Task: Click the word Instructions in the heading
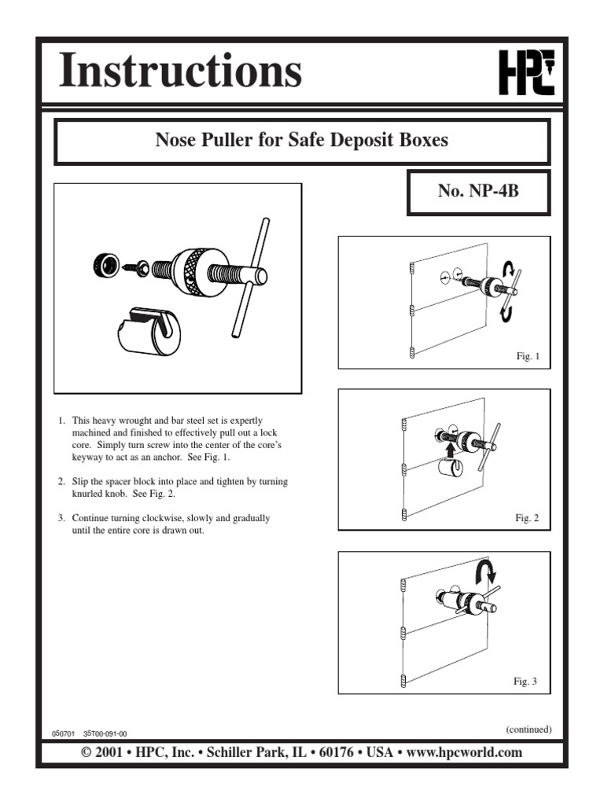[180, 72]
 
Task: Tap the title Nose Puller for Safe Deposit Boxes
[302, 141]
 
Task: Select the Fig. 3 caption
[525, 682]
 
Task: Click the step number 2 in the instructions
[61, 480]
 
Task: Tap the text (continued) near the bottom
[528, 729]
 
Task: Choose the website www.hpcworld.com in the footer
[464, 752]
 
